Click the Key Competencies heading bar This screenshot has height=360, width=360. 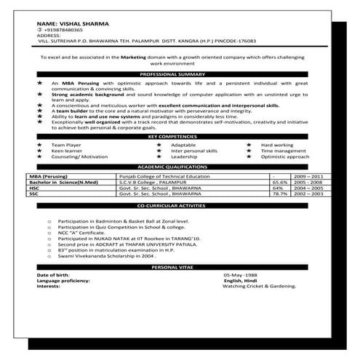click(178, 137)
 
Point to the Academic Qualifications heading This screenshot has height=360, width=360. click(178, 167)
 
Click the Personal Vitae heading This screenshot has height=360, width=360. click(178, 268)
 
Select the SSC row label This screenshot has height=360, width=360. click(33, 195)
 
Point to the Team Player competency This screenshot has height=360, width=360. click(63, 145)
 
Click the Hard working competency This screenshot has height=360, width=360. click(277, 145)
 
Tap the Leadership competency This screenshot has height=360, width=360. click(184, 156)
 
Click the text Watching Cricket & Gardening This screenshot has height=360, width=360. click(261, 287)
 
